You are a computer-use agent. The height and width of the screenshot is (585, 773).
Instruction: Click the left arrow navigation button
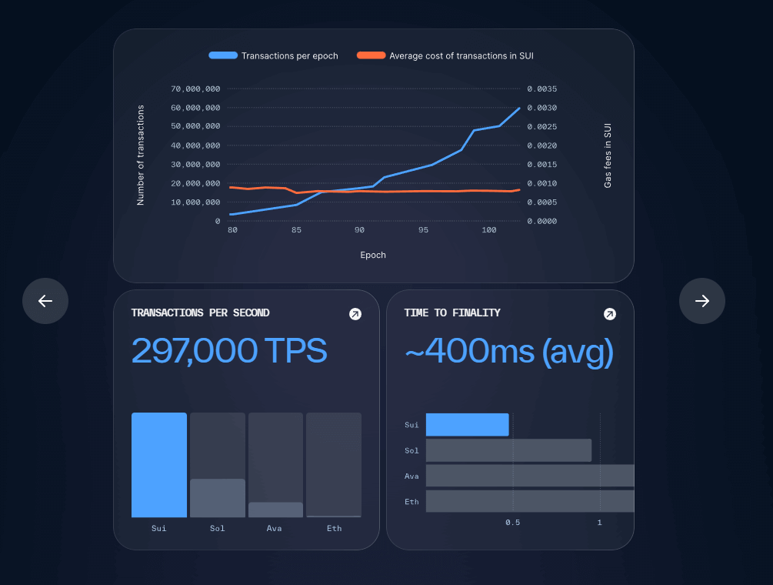click(45, 301)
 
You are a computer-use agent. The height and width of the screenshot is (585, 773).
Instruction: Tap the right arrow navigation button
click(702, 301)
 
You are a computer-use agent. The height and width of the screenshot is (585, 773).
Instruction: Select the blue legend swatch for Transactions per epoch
click(223, 55)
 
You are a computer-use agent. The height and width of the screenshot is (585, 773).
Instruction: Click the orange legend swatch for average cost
click(371, 55)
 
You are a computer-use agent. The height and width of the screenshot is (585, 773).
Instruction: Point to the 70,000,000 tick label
click(195, 89)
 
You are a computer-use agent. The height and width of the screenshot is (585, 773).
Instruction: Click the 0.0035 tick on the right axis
click(542, 89)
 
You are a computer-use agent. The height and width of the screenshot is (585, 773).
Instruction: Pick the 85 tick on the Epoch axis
click(296, 230)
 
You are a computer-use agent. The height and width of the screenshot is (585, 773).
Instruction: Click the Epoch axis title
click(373, 255)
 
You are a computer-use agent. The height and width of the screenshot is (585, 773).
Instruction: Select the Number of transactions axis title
click(141, 155)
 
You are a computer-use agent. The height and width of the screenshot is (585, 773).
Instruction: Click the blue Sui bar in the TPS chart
click(159, 465)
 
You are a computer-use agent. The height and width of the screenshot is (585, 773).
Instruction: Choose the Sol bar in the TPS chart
click(218, 498)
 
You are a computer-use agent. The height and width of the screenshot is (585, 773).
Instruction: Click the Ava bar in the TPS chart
click(275, 510)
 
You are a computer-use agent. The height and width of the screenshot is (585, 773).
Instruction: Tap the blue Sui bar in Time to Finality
click(467, 425)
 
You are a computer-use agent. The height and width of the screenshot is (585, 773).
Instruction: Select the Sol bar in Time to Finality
click(508, 450)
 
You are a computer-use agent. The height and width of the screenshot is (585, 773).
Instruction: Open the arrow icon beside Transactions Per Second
click(355, 314)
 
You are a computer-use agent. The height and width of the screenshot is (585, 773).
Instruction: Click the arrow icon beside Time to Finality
click(609, 314)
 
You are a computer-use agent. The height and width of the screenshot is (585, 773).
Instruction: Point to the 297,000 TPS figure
click(229, 351)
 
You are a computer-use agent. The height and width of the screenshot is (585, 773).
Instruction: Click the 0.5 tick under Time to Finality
click(512, 523)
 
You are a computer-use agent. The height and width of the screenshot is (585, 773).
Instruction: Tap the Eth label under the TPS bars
click(334, 528)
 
